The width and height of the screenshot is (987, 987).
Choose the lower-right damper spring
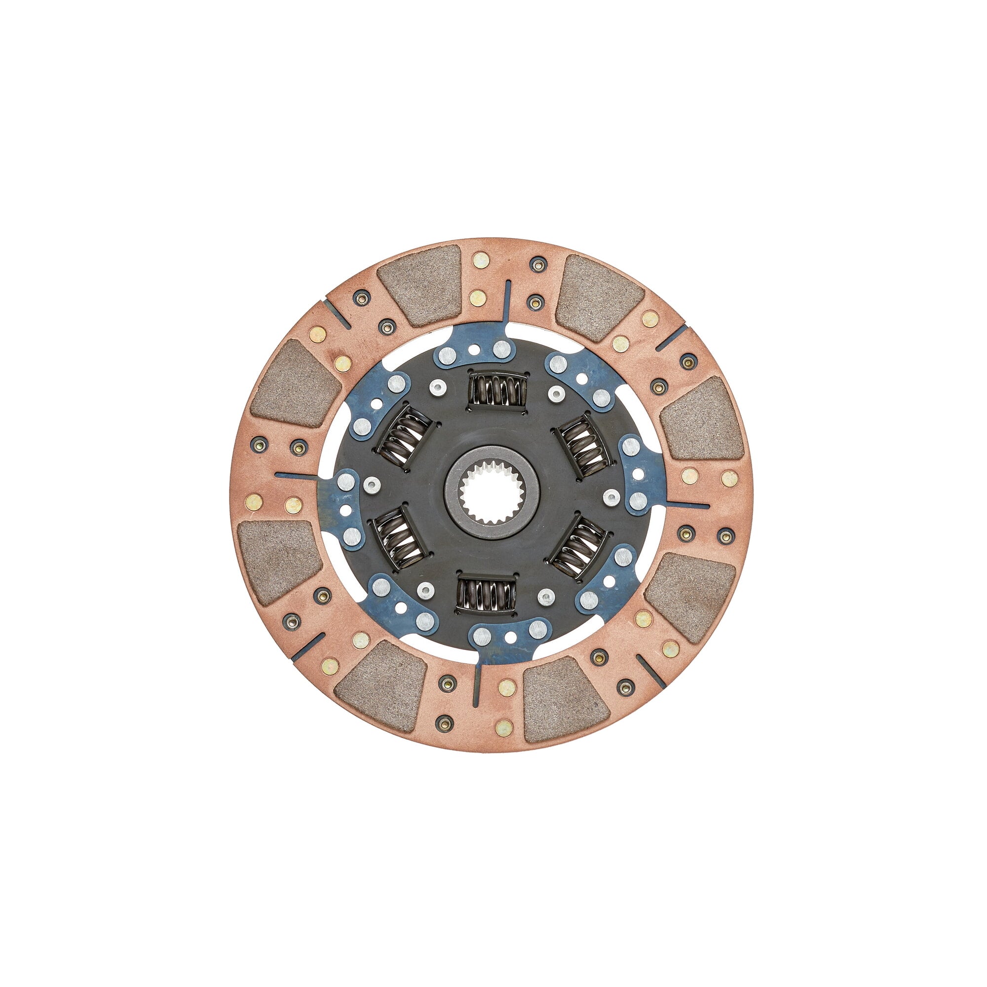point(579,547)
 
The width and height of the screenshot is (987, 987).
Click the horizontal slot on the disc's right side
point(684,505)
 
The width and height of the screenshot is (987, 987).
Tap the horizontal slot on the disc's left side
point(296,475)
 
